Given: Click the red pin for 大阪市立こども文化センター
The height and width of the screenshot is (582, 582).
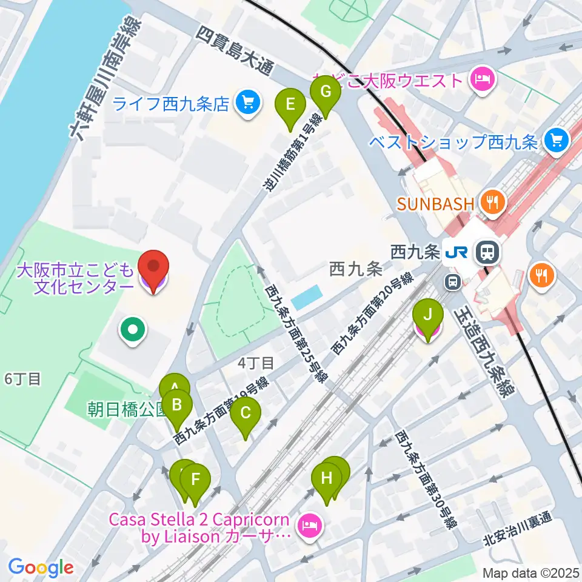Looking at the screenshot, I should coord(153,267).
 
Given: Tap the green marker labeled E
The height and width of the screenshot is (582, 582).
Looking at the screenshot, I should coord(290,105).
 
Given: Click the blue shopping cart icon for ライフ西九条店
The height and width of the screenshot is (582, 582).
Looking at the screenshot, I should coord(247,104).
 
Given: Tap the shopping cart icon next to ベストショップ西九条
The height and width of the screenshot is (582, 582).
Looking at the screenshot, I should coord(556,141).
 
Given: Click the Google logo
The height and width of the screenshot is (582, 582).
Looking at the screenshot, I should coord(41,567).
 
